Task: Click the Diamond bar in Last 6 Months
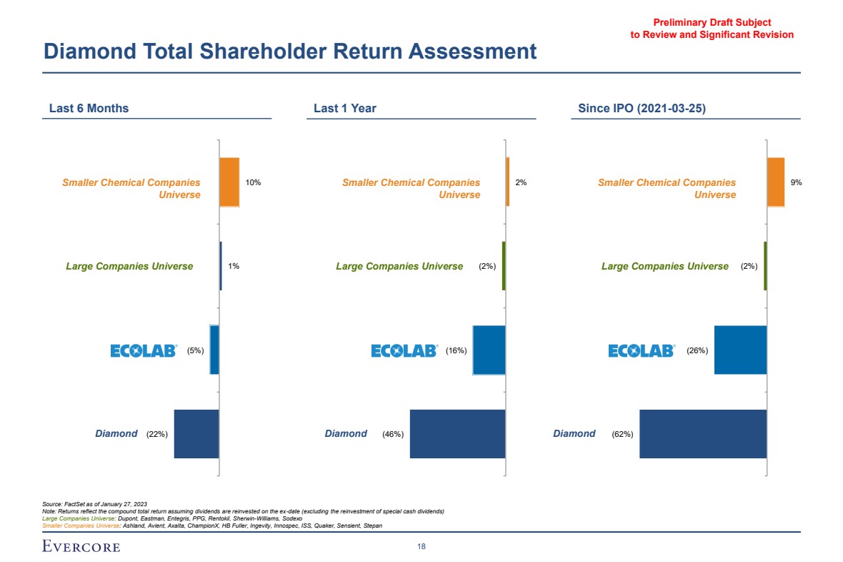click(196, 434)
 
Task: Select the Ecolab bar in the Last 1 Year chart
click(489, 350)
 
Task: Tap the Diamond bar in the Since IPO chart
click(703, 434)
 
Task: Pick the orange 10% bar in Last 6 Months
click(229, 182)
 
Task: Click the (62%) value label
click(622, 434)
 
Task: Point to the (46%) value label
click(393, 434)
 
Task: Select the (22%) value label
click(156, 434)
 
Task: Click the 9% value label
click(796, 182)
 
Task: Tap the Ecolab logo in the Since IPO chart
click(642, 350)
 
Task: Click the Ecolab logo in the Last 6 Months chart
click(144, 350)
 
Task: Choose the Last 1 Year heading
click(345, 109)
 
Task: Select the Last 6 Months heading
click(89, 109)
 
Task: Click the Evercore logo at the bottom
click(81, 547)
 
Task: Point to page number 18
click(421, 547)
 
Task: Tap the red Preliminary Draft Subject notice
click(712, 29)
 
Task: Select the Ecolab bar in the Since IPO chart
click(740, 350)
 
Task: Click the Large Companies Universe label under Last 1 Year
click(399, 267)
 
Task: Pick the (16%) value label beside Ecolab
click(456, 350)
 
